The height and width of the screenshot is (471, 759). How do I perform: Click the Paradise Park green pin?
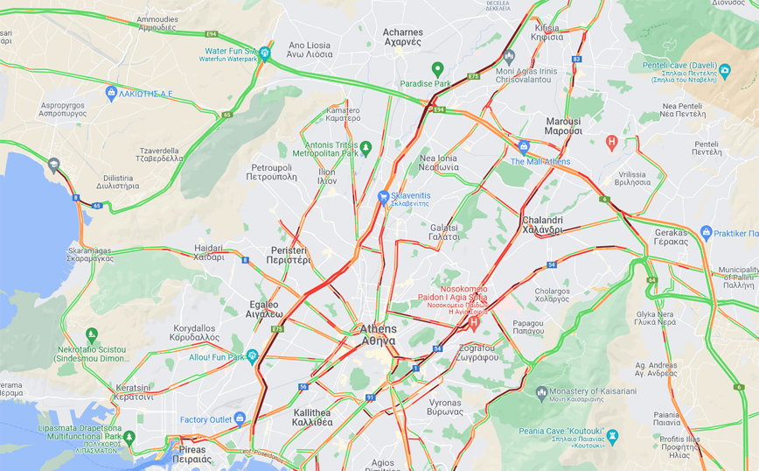point(438,68)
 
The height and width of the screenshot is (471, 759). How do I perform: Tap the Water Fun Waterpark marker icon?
point(265,53)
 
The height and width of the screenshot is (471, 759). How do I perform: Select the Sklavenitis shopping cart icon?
point(383,197)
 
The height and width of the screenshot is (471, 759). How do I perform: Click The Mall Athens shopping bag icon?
point(524,147)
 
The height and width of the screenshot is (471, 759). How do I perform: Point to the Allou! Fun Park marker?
point(252,355)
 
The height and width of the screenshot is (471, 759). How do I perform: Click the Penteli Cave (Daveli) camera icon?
point(724,68)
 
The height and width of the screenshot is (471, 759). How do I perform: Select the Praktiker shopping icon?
point(707,233)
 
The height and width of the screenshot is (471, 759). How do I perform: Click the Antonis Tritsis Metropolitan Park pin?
point(366,147)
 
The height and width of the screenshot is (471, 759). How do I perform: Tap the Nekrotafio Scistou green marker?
point(92,334)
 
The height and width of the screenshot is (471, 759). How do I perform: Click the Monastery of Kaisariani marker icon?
point(542,391)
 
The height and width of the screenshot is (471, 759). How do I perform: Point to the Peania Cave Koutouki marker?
point(611,435)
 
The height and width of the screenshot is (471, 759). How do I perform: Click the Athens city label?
point(378,334)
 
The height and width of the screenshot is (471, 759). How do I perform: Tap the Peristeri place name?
point(289,255)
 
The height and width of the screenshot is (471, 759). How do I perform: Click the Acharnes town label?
point(402,37)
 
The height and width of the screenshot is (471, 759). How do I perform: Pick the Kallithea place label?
point(312,417)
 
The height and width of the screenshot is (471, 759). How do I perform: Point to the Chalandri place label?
point(542,225)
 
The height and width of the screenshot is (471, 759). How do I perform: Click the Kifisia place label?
point(547,32)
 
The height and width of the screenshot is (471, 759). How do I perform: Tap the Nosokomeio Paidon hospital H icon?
point(474,323)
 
